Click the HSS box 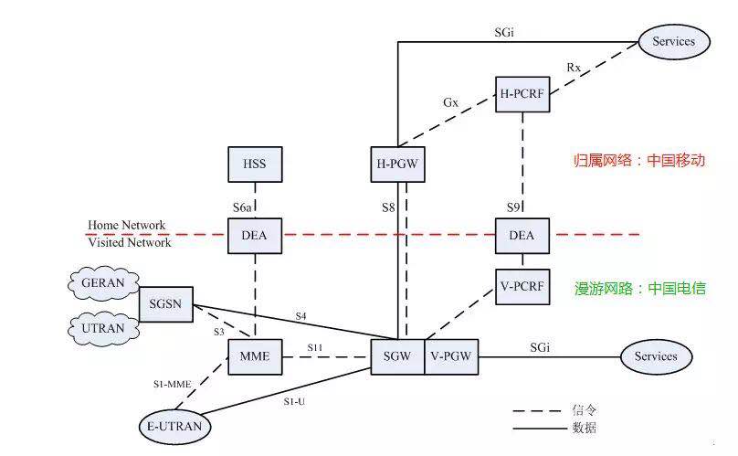(x=254, y=164)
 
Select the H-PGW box (x=397, y=164)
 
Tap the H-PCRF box (x=522, y=94)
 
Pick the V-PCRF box (x=522, y=286)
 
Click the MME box (x=254, y=355)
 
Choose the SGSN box (x=165, y=304)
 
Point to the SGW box (x=396, y=355)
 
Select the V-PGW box (x=449, y=355)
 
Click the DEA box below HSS (x=254, y=235)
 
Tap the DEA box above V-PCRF (x=522, y=235)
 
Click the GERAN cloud (x=101, y=283)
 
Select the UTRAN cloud (x=101, y=326)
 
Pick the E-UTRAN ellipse (x=174, y=426)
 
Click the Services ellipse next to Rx (x=674, y=40)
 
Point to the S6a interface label (x=241, y=208)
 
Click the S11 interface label (x=315, y=347)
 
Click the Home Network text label (x=127, y=225)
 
